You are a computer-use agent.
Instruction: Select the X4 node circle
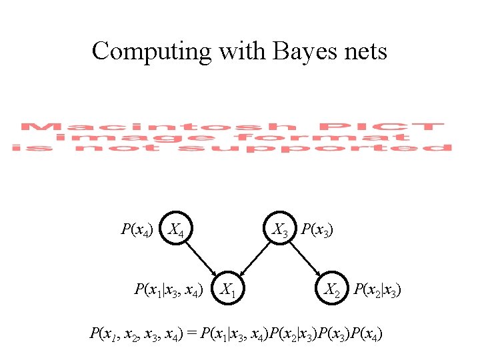tap(177, 231)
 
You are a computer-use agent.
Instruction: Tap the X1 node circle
tap(229, 289)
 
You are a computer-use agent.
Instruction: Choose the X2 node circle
tap(333, 289)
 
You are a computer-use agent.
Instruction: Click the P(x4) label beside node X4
tap(137, 231)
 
